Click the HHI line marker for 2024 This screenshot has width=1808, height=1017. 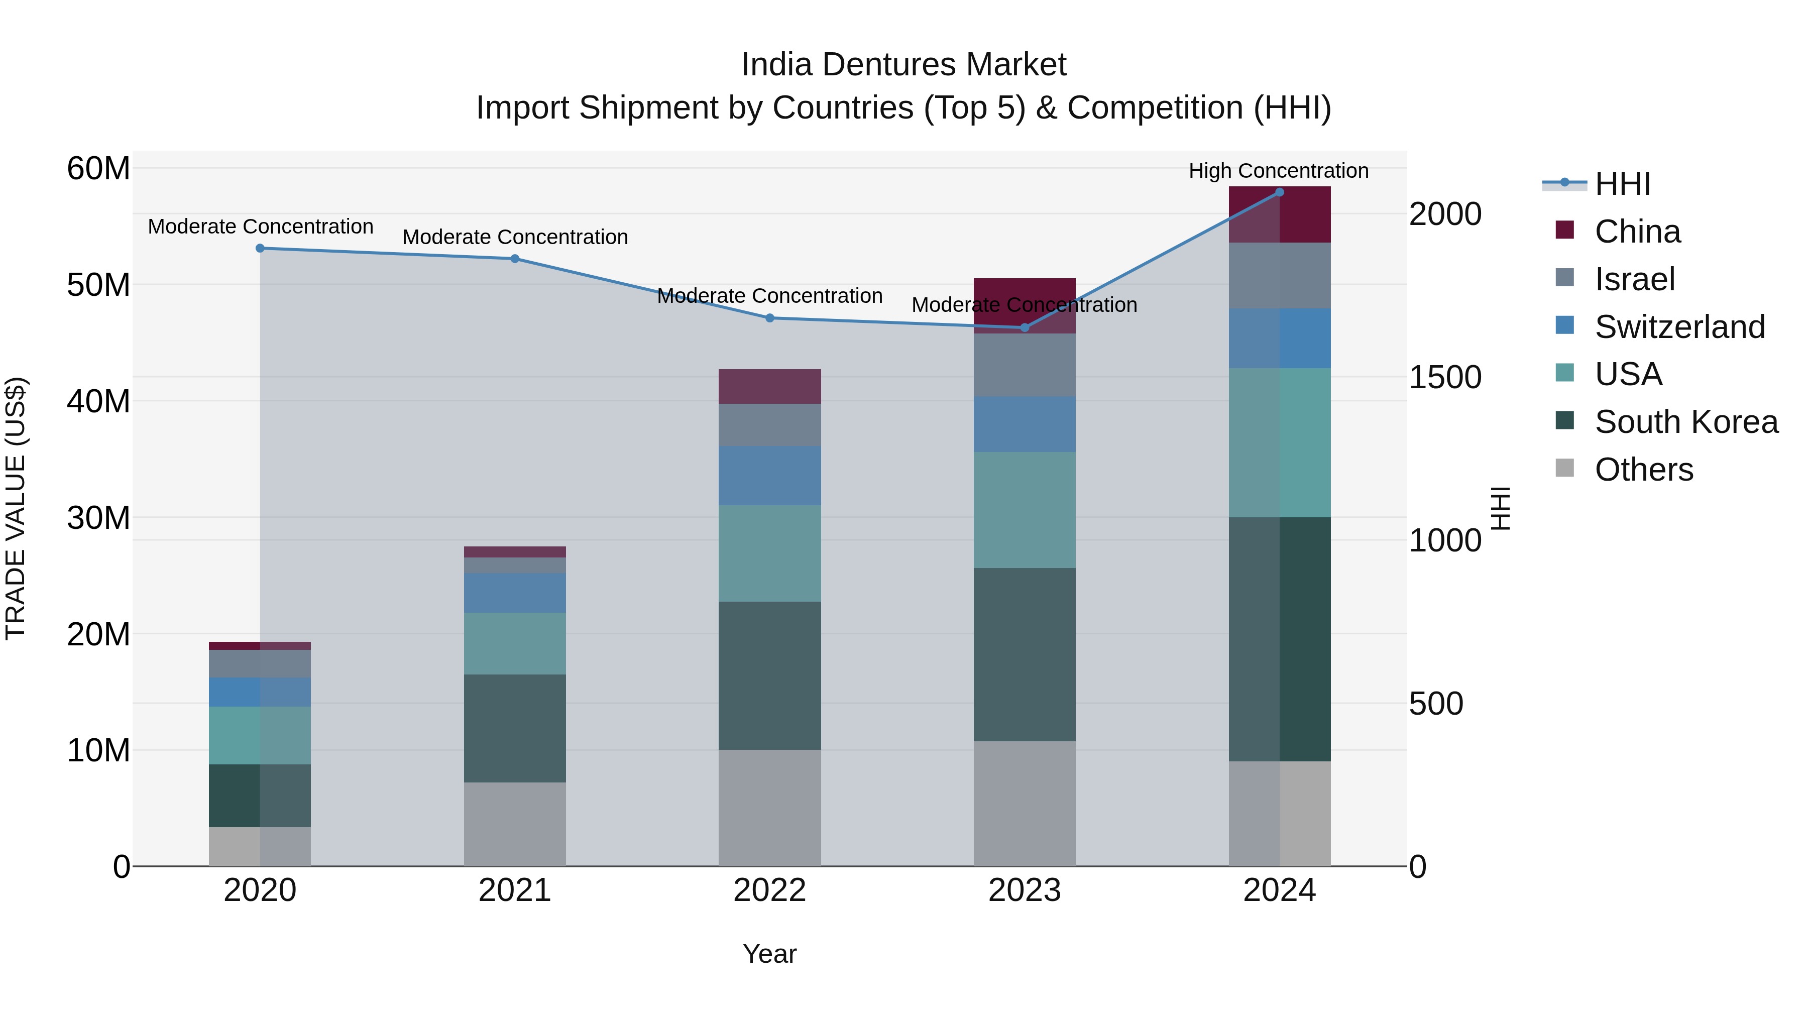1279,192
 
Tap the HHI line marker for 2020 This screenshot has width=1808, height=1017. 260,249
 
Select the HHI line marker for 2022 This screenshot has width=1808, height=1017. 769,318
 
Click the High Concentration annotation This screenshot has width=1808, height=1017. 1278,171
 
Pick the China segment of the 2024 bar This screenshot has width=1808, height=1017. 1279,215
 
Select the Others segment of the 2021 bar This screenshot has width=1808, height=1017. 514,824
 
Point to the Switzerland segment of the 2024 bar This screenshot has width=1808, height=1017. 1279,338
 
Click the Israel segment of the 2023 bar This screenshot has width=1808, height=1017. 1024,365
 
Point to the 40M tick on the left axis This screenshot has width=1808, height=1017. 98,401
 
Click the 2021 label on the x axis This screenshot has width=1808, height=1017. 514,890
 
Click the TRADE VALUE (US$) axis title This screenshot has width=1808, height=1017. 16,508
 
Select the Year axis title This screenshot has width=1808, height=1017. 769,954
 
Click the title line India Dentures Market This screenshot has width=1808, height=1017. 903,65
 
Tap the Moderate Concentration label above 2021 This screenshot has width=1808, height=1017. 514,237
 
